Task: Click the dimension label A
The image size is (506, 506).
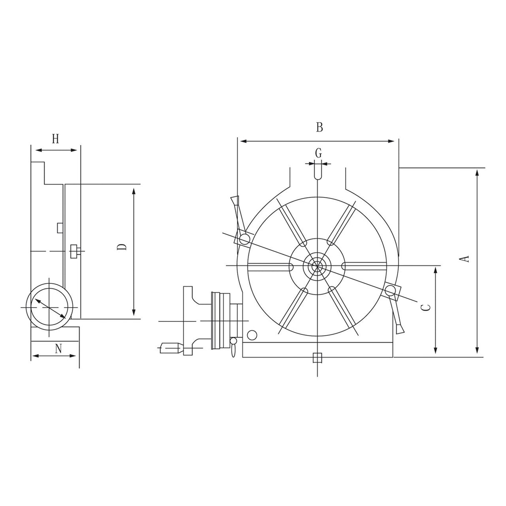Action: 466,259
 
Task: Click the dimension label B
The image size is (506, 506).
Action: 319,127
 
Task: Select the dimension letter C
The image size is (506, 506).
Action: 425,308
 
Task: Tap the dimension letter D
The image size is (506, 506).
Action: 122,247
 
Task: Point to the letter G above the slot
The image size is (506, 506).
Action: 318,153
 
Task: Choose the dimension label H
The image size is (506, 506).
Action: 55,139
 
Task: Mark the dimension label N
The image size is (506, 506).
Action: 58,348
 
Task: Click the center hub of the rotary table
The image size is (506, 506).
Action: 317,265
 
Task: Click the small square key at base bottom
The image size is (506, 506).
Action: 317,358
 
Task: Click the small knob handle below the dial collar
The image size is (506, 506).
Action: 233,348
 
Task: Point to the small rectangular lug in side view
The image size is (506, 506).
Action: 60,227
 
